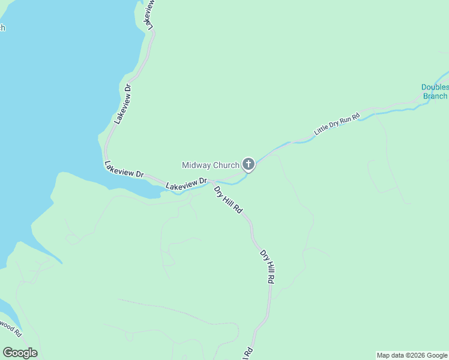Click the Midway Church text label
210,165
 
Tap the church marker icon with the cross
248,164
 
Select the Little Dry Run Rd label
337,123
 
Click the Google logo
20,353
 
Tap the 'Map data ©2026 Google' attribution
412,355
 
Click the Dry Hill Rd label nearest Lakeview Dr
228,200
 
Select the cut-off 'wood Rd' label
10,328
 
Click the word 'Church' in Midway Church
226,165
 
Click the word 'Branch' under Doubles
435,96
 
